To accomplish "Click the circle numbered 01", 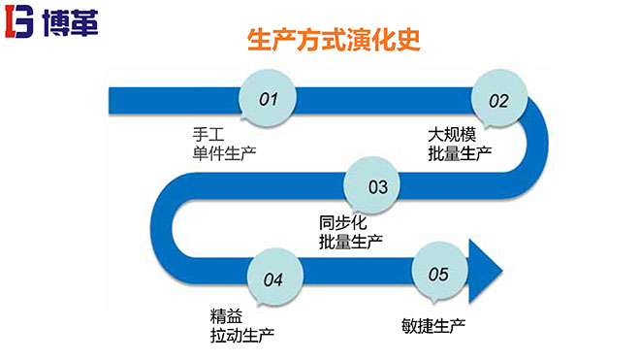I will click(269, 98).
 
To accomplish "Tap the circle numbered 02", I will click(498, 99).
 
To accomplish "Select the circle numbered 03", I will click(377, 184).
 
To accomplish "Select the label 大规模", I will click(452, 133).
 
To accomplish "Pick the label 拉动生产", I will click(241, 335).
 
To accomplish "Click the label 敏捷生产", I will click(432, 323).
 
